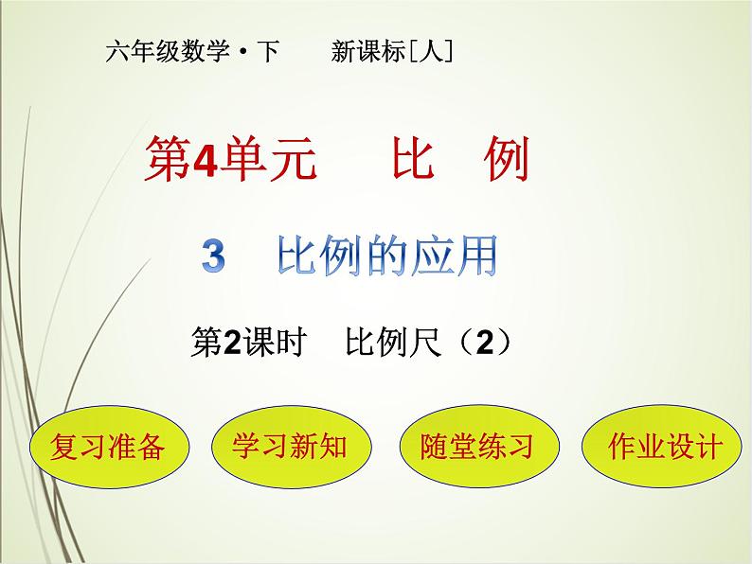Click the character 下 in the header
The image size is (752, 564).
tap(268, 52)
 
